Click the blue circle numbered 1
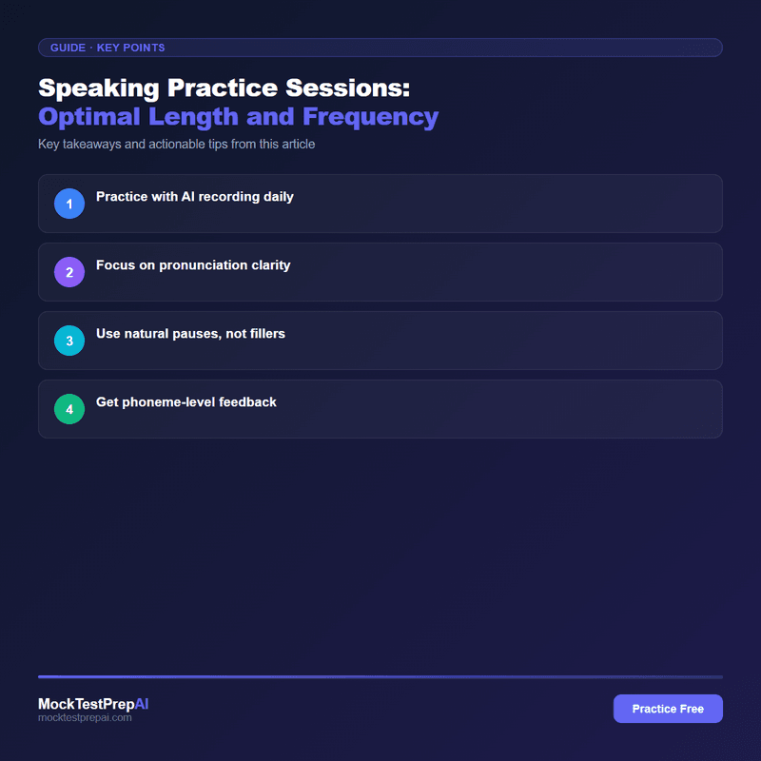[69, 204]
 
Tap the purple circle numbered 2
[69, 272]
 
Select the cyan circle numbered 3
[69, 341]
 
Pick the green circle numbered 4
[69, 409]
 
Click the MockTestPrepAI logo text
[93, 704]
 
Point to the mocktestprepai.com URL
[85, 718]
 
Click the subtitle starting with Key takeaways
[176, 145]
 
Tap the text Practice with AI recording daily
[195, 197]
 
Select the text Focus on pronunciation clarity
[193, 265]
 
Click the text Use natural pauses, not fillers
[190, 334]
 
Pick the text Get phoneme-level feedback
[186, 402]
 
